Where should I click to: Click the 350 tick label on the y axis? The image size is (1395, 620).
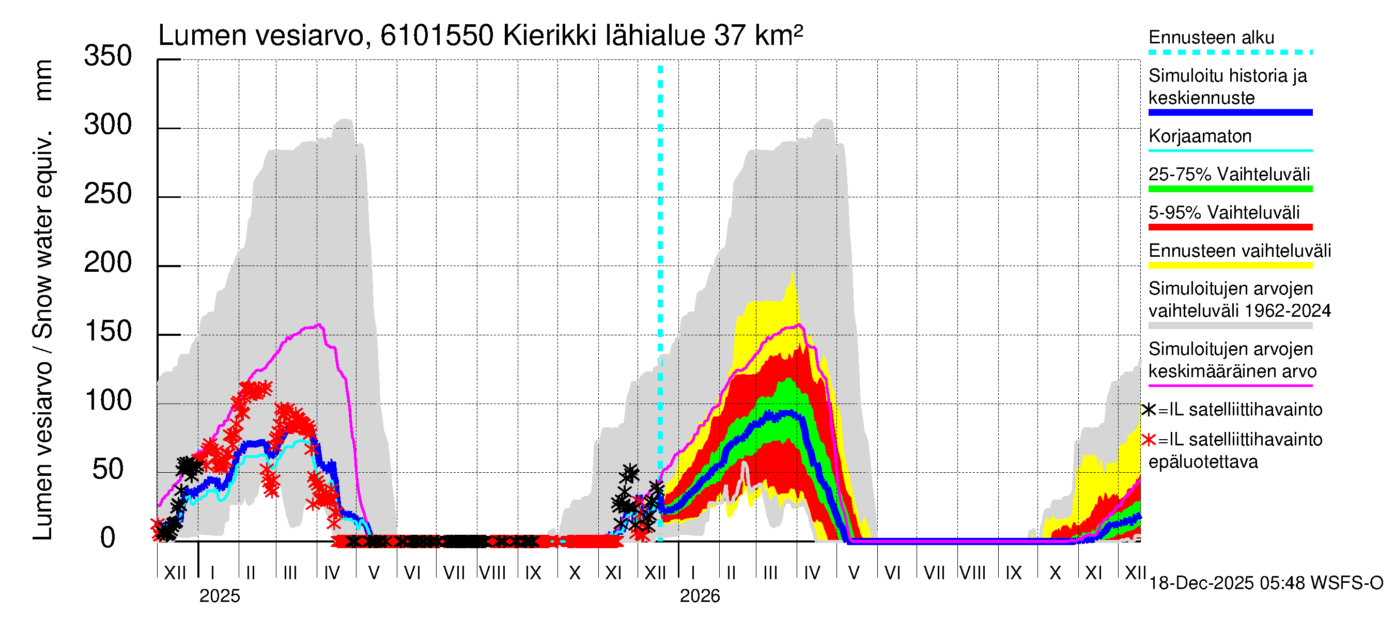tap(108, 56)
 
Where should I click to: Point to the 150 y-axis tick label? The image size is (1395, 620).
tap(108, 331)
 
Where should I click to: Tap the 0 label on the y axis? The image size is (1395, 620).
tap(108, 538)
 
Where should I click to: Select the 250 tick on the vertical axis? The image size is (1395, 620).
tap(108, 194)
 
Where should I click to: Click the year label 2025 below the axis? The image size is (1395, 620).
tap(219, 596)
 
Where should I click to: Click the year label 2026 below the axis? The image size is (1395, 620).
tap(700, 596)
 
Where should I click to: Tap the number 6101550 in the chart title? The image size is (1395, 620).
tap(437, 36)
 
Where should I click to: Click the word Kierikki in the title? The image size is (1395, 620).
tap(549, 36)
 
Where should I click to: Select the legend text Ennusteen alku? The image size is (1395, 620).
tap(1211, 37)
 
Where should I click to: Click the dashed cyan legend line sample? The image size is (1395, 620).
tap(1230, 53)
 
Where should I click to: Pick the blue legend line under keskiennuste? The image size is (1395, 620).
tap(1230, 113)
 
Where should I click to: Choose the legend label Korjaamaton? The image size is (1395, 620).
tap(1200, 136)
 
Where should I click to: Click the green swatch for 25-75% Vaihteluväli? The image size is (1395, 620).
tap(1230, 189)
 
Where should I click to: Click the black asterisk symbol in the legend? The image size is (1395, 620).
tap(1149, 410)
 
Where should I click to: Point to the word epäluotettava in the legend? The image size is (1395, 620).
tap(1203, 462)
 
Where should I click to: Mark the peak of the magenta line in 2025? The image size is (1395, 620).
tap(319, 325)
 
